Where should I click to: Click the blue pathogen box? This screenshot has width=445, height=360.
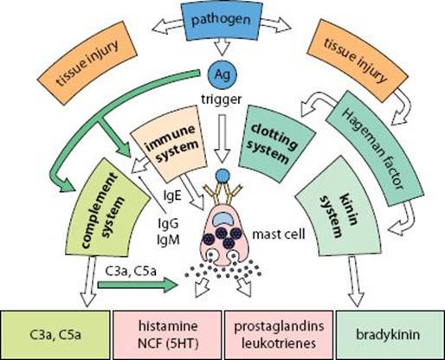tap(222, 20)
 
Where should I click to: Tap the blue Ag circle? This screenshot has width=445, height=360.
tap(222, 74)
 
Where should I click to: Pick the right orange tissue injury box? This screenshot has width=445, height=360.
tap(358, 61)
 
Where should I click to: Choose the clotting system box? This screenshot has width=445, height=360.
tap(276, 144)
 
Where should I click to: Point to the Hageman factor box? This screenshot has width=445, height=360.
tap(375, 149)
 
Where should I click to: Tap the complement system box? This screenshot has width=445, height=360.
tap(106, 208)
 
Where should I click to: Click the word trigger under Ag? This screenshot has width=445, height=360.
tap(222, 100)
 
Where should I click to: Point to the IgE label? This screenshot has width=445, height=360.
tap(172, 196)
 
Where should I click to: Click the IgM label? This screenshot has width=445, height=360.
tap(169, 240)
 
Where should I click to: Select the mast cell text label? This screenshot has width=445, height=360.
tap(279, 235)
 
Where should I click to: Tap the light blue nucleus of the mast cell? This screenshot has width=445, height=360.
tap(224, 219)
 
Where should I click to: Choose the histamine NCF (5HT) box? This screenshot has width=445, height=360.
tap(167, 335)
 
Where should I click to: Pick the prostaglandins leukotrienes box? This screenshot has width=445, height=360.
tap(279, 335)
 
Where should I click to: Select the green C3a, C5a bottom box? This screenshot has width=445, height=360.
tap(55, 335)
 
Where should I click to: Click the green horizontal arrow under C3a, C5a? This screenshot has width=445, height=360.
tap(138, 285)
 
